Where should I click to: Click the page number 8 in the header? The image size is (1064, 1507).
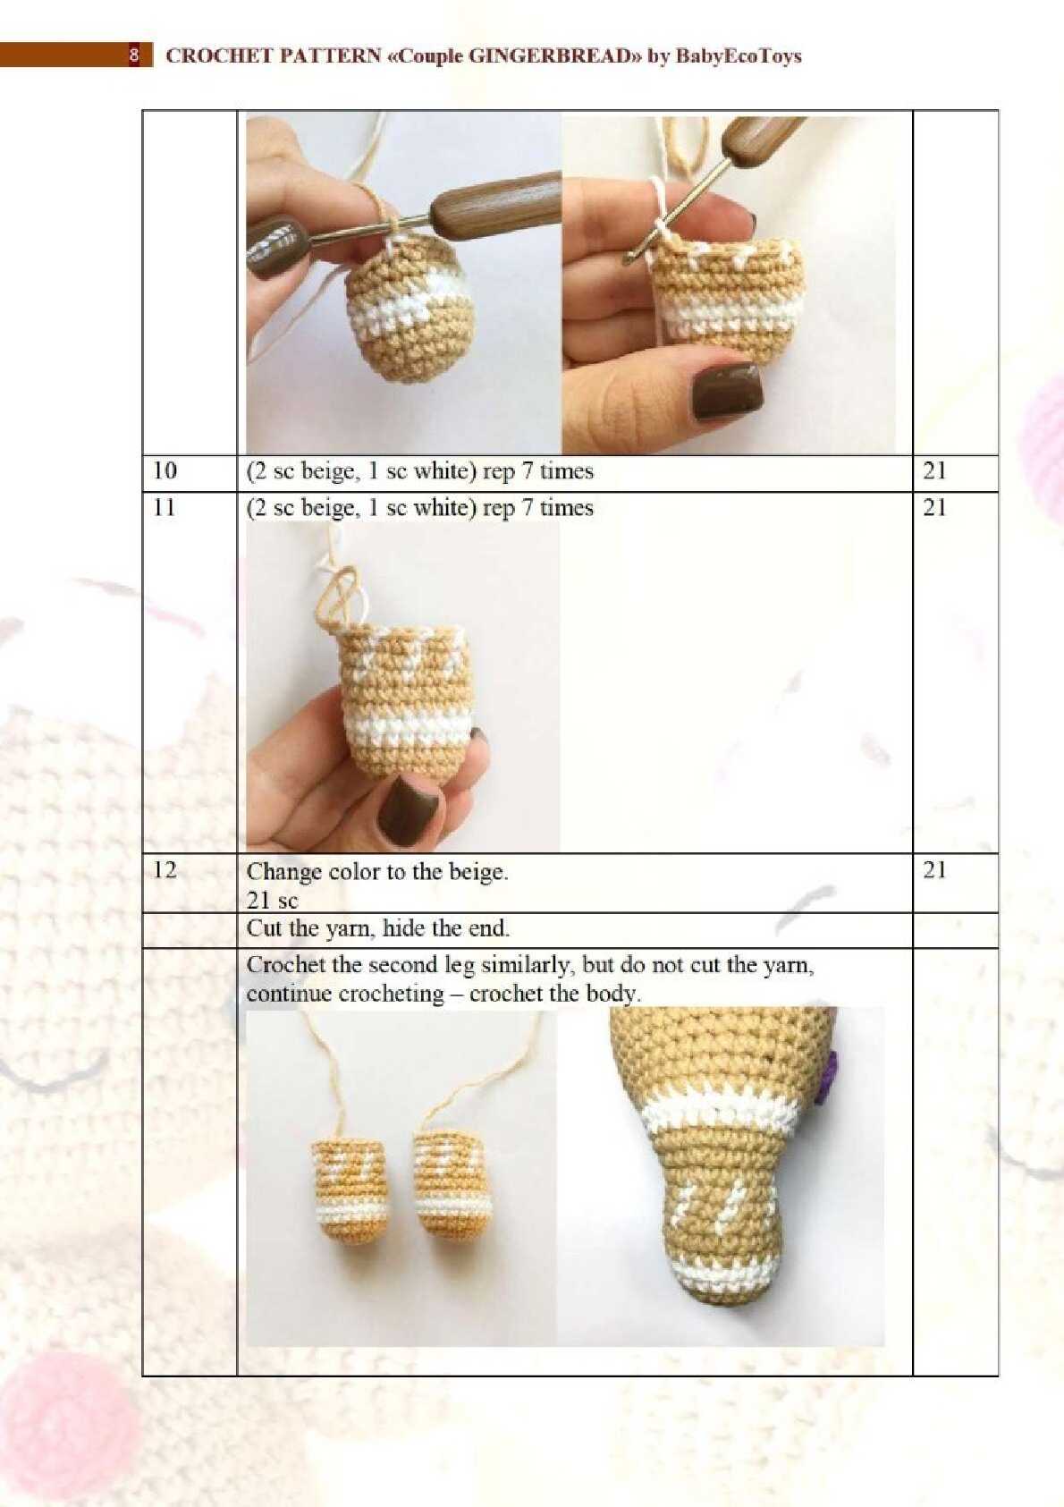tap(134, 55)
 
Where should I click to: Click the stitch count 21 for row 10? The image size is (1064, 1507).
tap(934, 471)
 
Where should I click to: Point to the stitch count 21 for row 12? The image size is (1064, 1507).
tap(934, 870)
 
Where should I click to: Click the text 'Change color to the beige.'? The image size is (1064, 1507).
tap(377, 872)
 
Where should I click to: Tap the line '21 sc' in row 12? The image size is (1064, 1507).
tap(272, 900)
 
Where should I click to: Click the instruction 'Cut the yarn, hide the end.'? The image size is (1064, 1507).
tap(378, 929)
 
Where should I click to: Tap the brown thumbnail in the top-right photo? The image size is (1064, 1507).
tap(729, 391)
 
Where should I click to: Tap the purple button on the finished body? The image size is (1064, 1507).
tap(832, 1076)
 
